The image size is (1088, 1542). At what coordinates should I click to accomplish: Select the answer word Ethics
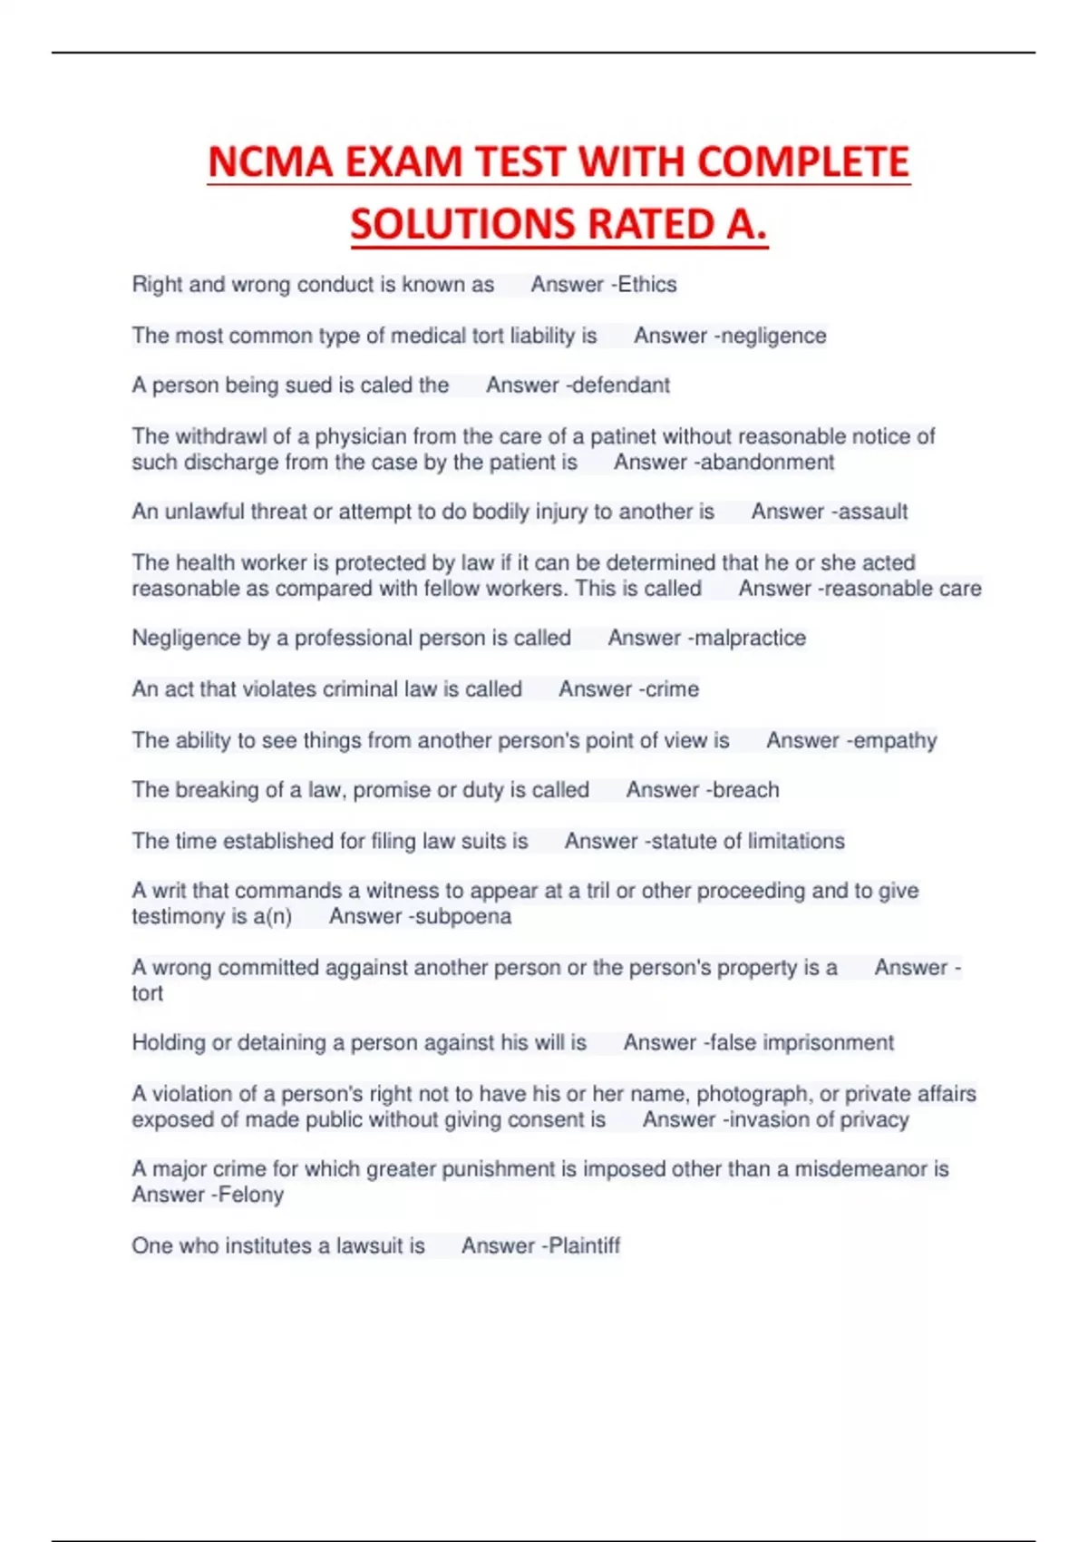point(647,285)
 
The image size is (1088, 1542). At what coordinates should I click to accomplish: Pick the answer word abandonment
point(768,463)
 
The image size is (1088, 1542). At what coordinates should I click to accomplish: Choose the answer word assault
point(872,512)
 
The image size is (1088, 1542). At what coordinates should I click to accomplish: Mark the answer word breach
point(744,790)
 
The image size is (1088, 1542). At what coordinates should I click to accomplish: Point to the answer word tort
point(147,993)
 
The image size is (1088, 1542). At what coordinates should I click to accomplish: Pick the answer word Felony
point(251,1195)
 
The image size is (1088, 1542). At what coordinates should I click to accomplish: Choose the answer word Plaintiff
point(584,1246)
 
